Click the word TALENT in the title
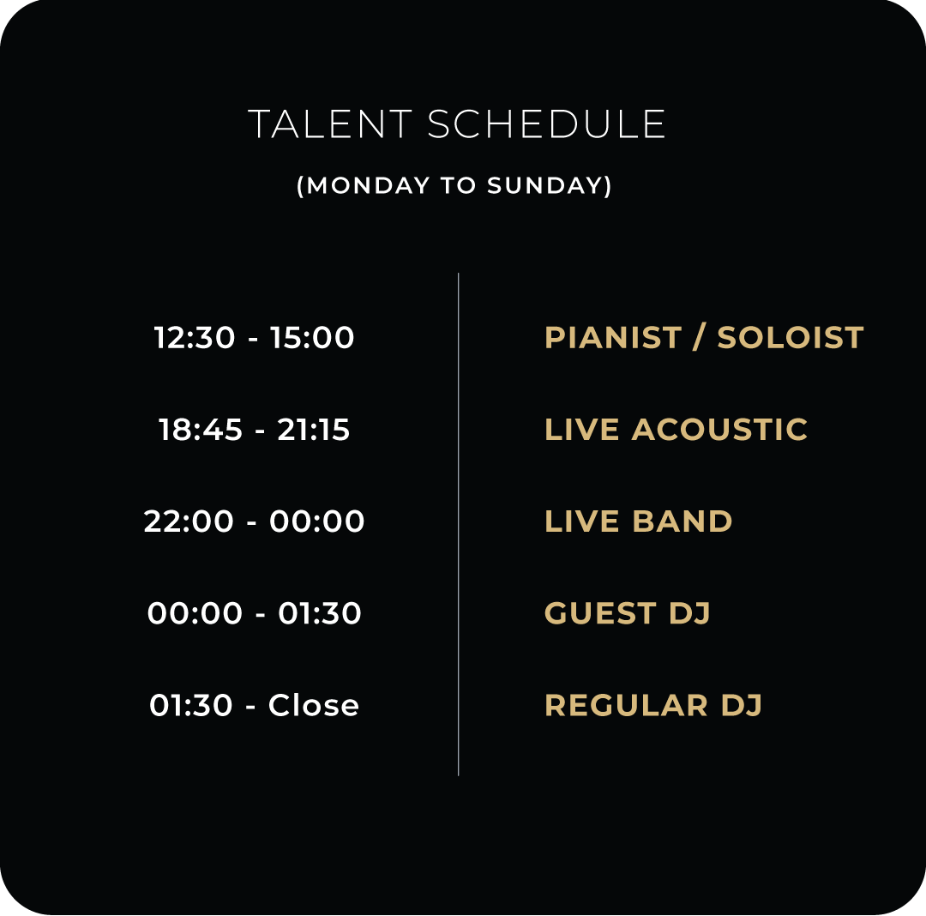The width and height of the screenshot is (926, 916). (x=330, y=124)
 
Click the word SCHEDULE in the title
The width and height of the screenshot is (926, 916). (x=546, y=124)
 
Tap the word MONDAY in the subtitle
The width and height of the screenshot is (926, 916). (x=369, y=185)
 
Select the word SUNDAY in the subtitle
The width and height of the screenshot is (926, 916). (x=544, y=185)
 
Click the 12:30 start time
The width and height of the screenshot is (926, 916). (x=195, y=338)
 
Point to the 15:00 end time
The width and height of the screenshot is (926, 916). (x=312, y=338)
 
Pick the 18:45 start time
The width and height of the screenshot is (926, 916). (x=201, y=430)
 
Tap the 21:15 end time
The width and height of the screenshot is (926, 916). (x=314, y=430)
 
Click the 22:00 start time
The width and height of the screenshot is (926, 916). (x=189, y=521)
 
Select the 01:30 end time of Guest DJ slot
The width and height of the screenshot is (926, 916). (x=320, y=613)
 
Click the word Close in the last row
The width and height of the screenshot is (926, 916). (x=314, y=704)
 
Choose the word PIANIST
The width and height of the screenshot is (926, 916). (x=613, y=338)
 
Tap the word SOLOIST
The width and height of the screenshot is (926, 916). (x=791, y=338)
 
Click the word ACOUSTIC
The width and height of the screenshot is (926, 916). (x=719, y=430)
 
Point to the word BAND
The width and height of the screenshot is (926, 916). (x=682, y=521)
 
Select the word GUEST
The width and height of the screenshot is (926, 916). (x=600, y=613)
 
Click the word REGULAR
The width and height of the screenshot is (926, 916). (x=626, y=705)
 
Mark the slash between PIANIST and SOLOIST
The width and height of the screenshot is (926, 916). (x=700, y=338)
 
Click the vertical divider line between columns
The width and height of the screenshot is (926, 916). (x=458, y=524)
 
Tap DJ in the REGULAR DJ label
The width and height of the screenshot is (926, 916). (x=741, y=705)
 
